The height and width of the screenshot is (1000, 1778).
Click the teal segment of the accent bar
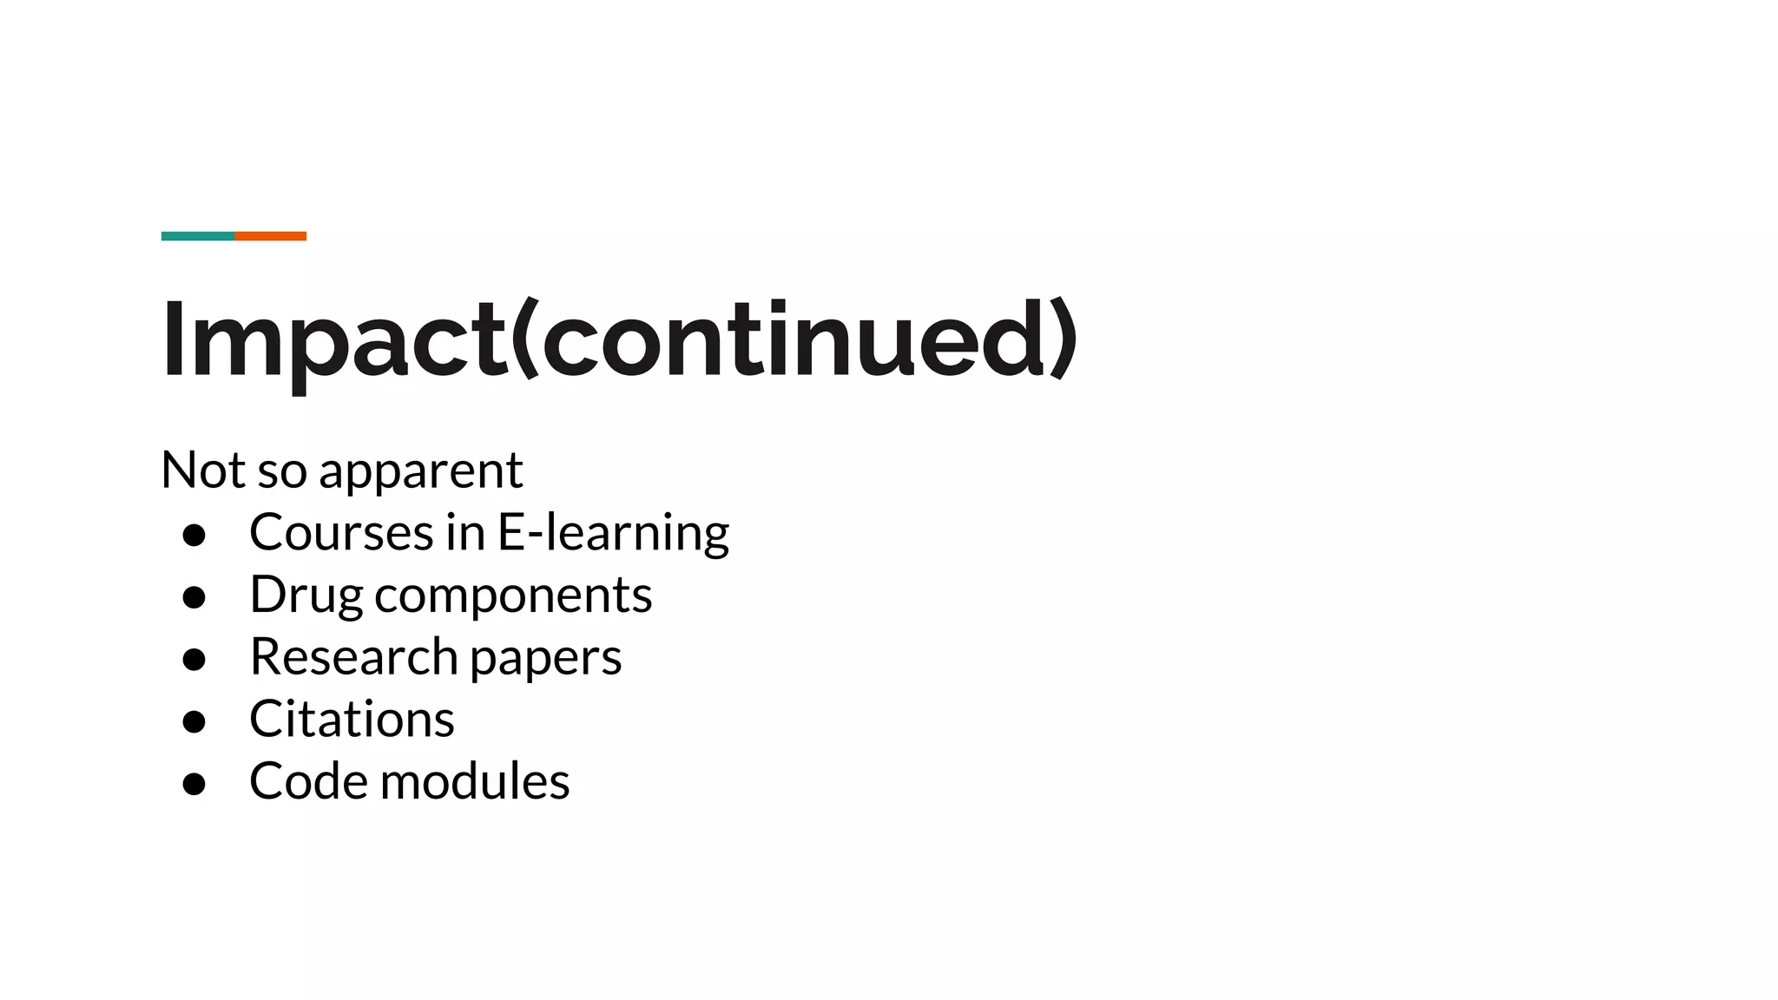click(197, 236)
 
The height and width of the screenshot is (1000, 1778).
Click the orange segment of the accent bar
click(270, 236)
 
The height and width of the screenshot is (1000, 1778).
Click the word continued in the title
click(794, 339)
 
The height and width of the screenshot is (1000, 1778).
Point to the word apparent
click(421, 473)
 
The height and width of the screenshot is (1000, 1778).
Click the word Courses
click(340, 532)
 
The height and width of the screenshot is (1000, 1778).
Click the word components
click(513, 596)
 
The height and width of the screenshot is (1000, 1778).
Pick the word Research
click(353, 656)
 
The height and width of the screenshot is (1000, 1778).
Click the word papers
click(546, 659)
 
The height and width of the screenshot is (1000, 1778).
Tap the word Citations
click(352, 719)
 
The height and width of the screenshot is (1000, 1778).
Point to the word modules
click(475, 780)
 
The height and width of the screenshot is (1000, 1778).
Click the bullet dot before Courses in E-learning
click(194, 535)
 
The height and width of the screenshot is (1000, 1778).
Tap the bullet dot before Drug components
click(194, 597)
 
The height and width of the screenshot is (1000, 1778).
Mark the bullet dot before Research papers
click(194, 660)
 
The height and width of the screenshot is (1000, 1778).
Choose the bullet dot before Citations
click(194, 721)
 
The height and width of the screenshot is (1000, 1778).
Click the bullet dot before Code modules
click(194, 784)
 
